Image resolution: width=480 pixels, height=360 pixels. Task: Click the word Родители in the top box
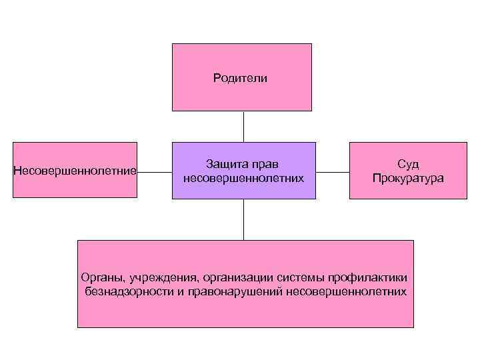(x=240, y=79)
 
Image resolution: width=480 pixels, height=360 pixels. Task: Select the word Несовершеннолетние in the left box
(x=75, y=171)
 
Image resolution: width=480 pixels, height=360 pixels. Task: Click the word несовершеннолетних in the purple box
(x=243, y=178)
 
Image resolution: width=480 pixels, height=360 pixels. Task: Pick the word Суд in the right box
(x=407, y=164)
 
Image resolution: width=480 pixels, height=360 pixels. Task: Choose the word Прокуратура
(x=408, y=178)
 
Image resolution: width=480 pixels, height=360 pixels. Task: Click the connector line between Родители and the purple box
(x=243, y=126)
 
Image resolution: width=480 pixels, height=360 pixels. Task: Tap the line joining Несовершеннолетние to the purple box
(x=155, y=171)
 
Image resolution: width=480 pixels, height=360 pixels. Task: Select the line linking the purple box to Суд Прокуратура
(x=333, y=171)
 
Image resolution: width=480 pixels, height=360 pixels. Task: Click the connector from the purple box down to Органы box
(x=243, y=219)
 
